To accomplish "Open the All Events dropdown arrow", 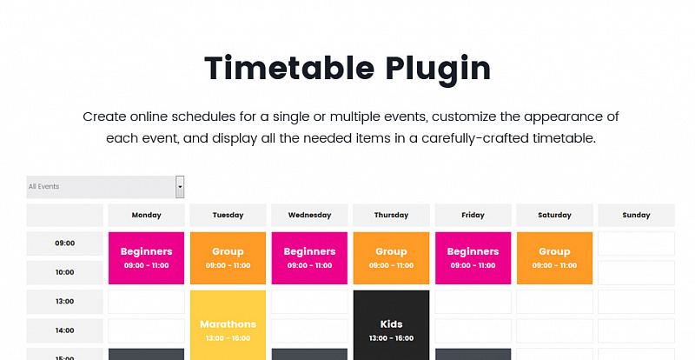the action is [180, 187].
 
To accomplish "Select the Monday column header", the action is [146, 216].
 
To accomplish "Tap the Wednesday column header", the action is [309, 216].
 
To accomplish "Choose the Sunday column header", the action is [636, 216].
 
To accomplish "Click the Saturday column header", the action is [554, 216].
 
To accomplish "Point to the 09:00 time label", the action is [64, 243].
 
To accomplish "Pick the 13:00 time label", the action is [64, 302].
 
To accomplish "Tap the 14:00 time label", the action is [64, 330].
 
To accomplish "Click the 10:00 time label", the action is [64, 272].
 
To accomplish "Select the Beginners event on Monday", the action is [146, 258].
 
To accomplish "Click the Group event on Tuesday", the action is [228, 258].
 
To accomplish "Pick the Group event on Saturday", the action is [554, 258].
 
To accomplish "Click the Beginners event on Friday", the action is [473, 258].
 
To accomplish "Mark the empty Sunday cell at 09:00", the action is [636, 243].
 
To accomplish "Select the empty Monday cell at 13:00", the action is [146, 302].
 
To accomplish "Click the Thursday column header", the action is [392, 216].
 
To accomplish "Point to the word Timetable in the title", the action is [289, 68].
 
